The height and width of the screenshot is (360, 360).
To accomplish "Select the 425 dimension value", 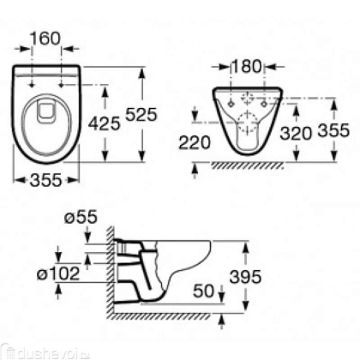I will pyautogui.click(x=103, y=123).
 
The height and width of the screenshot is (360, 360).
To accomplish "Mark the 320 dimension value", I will pyautogui.click(x=295, y=134).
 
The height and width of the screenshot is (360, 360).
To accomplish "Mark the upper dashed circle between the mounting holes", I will pyautogui.click(x=251, y=97).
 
